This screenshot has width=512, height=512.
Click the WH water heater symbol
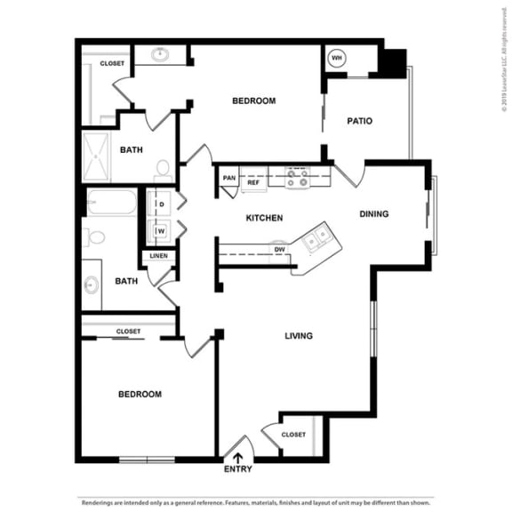[x=337, y=59]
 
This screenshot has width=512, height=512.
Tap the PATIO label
[x=359, y=121]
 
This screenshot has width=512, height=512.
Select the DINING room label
[x=374, y=213]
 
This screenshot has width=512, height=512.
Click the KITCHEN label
[x=264, y=218]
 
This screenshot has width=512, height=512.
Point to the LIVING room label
[x=298, y=335]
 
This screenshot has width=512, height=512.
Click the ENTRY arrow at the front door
[x=237, y=459]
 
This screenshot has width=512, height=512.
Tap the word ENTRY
[x=237, y=470]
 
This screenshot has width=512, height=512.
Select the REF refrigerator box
[x=253, y=181]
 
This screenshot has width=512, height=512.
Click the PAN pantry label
[x=228, y=178]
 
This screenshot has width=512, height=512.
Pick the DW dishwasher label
[x=279, y=250]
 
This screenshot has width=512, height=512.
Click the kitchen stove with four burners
[x=297, y=178]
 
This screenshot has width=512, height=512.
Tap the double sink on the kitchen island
[x=316, y=238]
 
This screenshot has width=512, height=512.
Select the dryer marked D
[x=162, y=204]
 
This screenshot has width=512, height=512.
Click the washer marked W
[x=162, y=231]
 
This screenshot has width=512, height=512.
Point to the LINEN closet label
[x=158, y=256]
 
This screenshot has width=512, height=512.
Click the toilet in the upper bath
[x=163, y=169]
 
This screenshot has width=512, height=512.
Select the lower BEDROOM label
[x=140, y=394]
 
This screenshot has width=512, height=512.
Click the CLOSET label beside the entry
[x=293, y=435]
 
